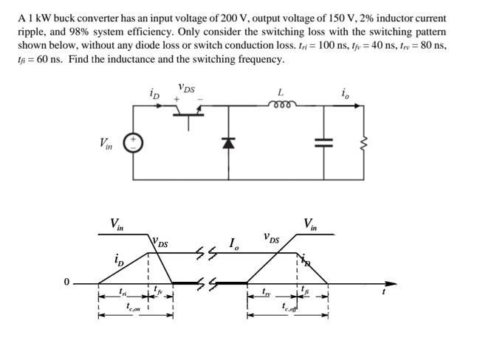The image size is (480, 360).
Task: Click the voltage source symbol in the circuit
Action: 134,142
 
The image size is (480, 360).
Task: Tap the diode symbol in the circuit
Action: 229,143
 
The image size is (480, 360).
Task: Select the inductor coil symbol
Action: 281,105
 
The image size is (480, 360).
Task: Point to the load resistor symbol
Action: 362,142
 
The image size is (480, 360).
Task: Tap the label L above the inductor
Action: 280,92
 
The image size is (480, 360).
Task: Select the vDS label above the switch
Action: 186,89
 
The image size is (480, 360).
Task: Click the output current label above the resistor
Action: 346,93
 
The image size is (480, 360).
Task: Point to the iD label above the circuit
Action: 154,94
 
